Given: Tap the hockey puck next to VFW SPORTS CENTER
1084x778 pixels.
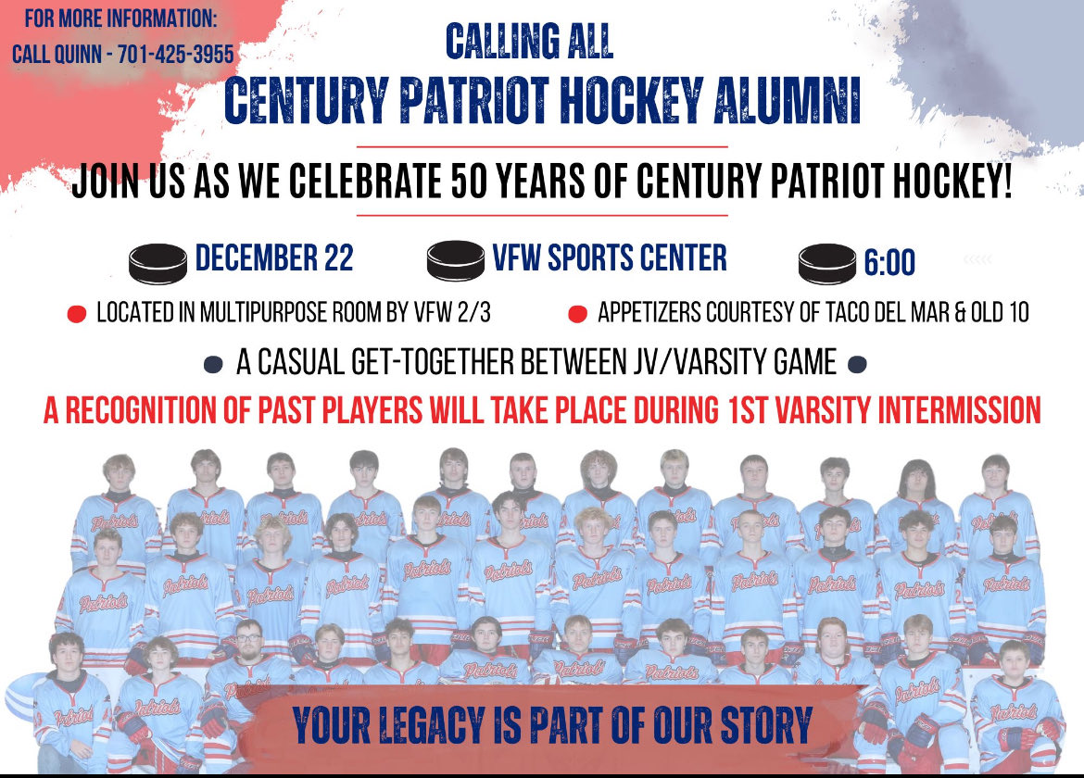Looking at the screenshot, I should click(455, 260).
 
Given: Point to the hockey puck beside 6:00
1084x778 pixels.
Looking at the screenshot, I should click(826, 264).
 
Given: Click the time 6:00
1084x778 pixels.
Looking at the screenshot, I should click(889, 264).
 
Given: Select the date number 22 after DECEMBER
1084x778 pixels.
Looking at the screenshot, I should click(336, 258).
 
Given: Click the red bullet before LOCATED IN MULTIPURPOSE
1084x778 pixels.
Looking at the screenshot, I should click(77, 315).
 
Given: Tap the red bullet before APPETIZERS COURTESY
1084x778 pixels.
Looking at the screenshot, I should click(576, 315).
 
